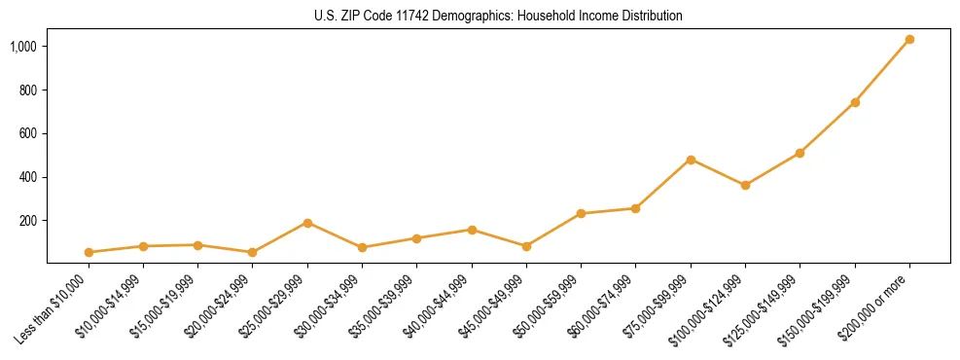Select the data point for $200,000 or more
pos(909,40)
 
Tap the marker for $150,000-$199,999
pos(855,102)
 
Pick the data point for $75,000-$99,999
pos(691,160)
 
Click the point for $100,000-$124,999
pos(745,185)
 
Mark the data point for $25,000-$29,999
pos(307,223)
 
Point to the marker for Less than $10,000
pos(89,252)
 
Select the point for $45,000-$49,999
pos(526,246)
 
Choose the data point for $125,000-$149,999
pos(800,153)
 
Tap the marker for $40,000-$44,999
pos(472,230)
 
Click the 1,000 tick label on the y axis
pos(24,47)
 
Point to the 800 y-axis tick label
pos(29,90)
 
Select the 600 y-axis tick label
pos(29,134)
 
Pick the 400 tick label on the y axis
pos(29,177)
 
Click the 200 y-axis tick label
pos(29,221)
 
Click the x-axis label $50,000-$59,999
pos(551,305)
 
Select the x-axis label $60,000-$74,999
pos(605,305)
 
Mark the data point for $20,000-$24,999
pos(253,252)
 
